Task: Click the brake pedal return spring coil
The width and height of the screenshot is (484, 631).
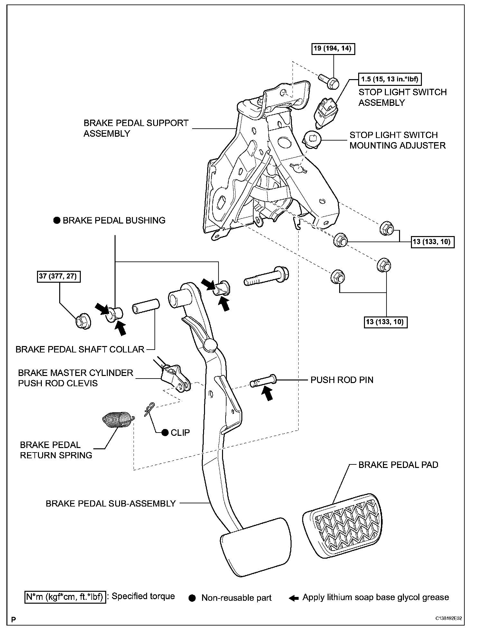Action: (117, 420)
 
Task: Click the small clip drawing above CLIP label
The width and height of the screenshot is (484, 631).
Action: (149, 409)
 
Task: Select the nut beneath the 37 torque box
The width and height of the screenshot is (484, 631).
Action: (83, 321)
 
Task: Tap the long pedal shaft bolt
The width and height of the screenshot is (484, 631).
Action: (266, 276)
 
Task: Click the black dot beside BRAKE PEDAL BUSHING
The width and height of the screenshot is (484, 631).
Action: (57, 221)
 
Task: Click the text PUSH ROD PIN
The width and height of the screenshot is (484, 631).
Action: (342, 380)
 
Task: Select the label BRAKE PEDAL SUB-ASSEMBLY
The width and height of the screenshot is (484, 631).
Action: (111, 504)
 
